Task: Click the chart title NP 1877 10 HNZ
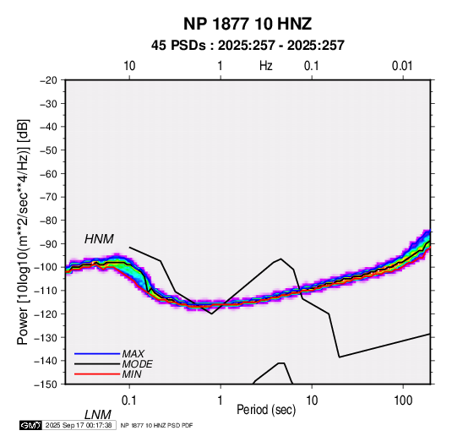pos(248,24)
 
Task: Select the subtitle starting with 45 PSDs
pos(248,46)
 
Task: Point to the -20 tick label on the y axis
pos(48,80)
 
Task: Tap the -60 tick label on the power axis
pos(48,173)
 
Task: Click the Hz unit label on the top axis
pos(266,66)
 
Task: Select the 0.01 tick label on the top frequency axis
pos(402,66)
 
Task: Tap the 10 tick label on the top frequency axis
pos(129,66)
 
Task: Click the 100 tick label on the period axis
pos(403,401)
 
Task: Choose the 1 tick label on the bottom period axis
pos(221,401)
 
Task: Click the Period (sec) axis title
pos(266,410)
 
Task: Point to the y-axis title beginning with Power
pos(23,232)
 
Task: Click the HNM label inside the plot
pos(99,239)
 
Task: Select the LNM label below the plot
pos(98,415)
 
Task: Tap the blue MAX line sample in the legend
pos(97,354)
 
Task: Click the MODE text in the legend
pos(137,364)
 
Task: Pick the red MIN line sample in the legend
pos(97,374)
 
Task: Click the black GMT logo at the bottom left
pos(30,425)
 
